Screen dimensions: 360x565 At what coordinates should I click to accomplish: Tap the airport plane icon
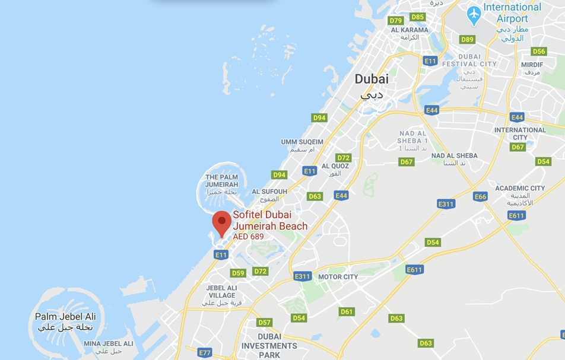coord(474,15)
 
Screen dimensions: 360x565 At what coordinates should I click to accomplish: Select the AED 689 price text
coord(248,237)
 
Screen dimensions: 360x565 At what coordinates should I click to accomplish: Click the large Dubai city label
coord(372,79)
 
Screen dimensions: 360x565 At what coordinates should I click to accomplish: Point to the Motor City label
coord(338,277)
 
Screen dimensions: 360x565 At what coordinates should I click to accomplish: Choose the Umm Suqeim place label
coord(302,142)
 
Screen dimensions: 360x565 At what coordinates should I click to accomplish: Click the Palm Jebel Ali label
coord(65,317)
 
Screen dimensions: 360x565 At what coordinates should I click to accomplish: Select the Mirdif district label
coord(532,65)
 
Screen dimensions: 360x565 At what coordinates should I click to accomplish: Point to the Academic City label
coord(520,189)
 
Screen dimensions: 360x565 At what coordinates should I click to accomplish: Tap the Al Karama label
coord(410,30)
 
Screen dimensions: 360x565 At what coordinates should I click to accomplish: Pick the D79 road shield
coord(396,21)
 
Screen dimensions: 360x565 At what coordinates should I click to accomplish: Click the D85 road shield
coord(418,17)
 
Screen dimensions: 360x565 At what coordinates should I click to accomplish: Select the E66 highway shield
coord(480,197)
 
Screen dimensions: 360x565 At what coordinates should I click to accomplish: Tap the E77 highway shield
coord(205,353)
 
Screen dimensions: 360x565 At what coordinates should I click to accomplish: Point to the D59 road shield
coord(238,273)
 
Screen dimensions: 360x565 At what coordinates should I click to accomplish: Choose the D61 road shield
coord(347,312)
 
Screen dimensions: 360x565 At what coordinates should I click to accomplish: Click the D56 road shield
coord(539,52)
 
